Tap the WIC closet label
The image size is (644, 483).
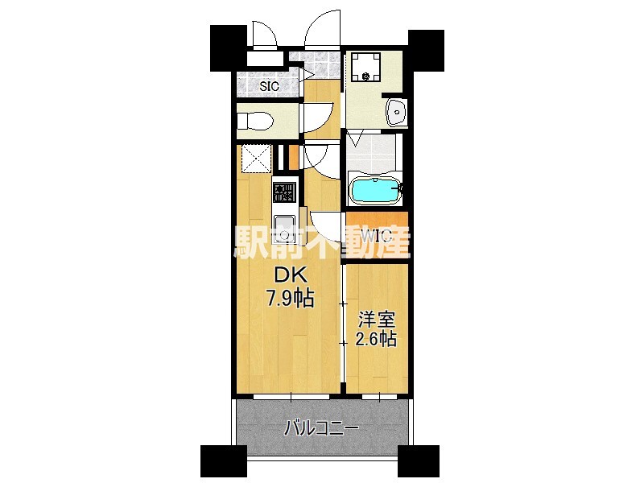coord(375,236)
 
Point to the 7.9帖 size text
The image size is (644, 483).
coord(290,299)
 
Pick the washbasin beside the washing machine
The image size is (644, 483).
coord(395,113)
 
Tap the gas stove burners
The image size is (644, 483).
coord(284,193)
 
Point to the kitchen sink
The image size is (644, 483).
coord(284,225)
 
